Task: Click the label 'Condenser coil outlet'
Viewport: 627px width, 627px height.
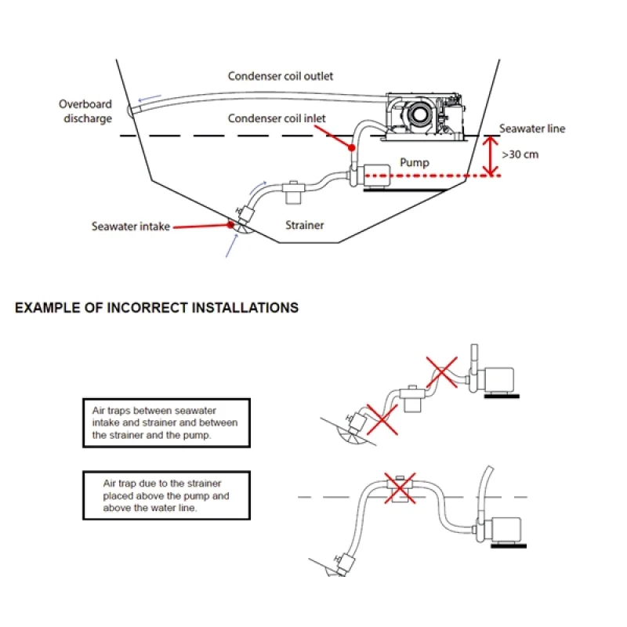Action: pos(281,76)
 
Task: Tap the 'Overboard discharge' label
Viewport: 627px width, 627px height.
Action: pos(85,111)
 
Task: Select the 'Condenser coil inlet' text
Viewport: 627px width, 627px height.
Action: pos(277,118)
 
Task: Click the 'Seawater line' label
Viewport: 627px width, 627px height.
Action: pos(532,129)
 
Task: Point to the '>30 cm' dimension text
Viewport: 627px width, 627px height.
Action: pos(520,154)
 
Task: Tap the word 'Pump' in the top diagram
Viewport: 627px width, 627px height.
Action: pos(415,162)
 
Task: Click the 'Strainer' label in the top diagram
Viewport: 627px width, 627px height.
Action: pos(304,225)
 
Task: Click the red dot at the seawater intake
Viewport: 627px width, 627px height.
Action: pos(230,225)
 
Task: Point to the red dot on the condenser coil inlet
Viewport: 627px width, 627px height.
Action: pos(353,147)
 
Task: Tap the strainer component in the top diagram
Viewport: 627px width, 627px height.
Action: pos(295,190)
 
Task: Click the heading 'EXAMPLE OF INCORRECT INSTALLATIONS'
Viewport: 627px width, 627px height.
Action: pos(157,308)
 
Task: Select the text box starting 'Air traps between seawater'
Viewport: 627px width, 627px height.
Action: pos(166,422)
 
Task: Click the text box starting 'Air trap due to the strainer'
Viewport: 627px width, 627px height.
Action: pos(166,495)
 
